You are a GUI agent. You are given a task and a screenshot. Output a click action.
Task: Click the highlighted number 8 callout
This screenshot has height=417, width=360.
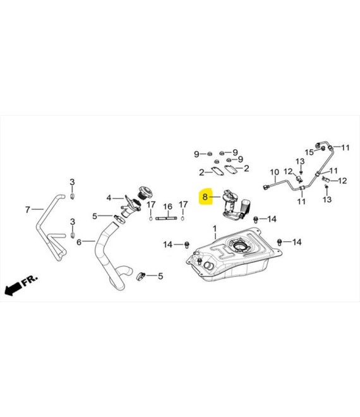(205, 197)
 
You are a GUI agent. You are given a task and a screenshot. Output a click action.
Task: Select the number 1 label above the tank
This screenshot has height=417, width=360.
(215, 229)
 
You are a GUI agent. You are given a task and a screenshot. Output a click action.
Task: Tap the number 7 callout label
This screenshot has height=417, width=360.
(28, 210)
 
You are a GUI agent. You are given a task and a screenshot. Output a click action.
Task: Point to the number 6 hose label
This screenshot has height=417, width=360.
(79, 242)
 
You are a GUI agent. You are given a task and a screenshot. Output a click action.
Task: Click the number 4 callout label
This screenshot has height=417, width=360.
(109, 198)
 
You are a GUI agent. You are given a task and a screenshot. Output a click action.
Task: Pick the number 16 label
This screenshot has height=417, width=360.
(168, 207)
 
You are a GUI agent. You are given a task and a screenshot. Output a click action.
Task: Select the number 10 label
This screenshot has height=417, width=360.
(274, 172)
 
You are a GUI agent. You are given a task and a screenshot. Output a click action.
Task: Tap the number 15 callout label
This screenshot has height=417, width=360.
(309, 152)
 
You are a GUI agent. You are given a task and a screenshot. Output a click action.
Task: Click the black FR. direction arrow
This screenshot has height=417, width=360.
(13, 289)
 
